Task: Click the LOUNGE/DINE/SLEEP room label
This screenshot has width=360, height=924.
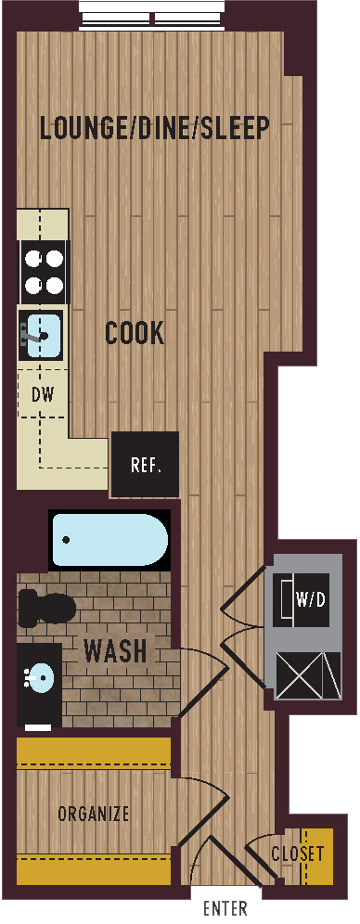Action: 154,128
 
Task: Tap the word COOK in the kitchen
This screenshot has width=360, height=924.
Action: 135,334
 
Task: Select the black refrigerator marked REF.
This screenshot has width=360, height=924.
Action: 146,465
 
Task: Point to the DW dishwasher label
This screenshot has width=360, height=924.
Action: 43,393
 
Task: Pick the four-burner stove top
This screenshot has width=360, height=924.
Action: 44,272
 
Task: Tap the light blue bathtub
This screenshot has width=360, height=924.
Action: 110,540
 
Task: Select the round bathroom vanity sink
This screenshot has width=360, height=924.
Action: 38,677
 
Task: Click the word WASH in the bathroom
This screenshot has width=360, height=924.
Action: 115,651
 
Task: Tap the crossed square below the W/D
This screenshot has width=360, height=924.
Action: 309,675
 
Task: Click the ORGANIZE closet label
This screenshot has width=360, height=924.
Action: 94,815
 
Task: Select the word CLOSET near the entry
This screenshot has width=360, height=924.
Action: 298,853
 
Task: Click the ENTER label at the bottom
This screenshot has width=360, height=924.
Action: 225,908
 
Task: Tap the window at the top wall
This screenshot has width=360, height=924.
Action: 152,16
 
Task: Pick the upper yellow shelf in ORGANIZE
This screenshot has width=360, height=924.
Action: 94,752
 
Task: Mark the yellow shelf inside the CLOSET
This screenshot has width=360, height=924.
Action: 314,856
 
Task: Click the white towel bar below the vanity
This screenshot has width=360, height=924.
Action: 38,727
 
